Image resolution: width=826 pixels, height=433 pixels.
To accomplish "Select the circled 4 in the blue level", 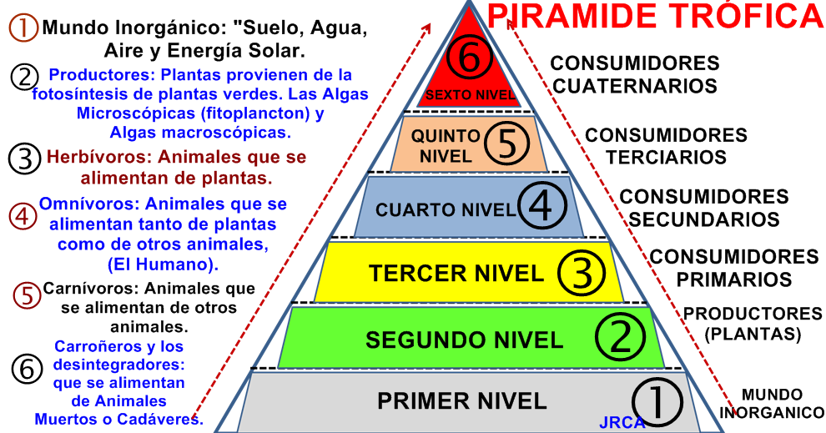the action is tap(542, 205).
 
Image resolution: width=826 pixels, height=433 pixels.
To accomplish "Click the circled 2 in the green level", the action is tap(620, 337).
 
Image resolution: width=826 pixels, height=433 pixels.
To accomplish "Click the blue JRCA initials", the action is tap(622, 422).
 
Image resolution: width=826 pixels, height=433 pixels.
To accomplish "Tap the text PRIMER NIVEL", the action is tap(462, 400).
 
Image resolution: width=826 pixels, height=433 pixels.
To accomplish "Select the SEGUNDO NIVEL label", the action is tap(464, 340).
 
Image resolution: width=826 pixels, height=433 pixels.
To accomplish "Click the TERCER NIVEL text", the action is tap(456, 273).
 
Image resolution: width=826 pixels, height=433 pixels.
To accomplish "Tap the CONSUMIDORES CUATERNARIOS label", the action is tap(635, 74).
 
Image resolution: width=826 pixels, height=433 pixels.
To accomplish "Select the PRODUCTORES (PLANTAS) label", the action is tap(753, 324).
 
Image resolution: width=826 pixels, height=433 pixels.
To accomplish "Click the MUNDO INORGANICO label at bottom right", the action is tap(772, 403).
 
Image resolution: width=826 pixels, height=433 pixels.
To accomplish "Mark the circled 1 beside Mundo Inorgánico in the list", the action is tap(23, 28).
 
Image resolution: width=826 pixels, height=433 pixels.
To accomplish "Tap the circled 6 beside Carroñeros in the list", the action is tap(28, 368).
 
